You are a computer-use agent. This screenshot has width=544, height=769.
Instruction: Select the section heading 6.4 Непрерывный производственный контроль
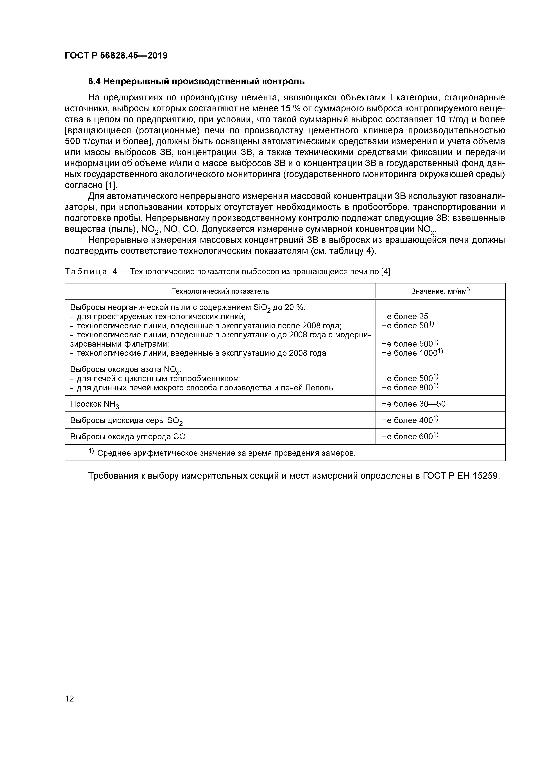coord(196,81)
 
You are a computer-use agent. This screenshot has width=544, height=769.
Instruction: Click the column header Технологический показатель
coord(220,291)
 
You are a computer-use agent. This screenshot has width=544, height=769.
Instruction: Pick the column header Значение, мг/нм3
coord(440,291)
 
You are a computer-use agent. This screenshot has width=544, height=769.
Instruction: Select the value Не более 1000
coord(412,353)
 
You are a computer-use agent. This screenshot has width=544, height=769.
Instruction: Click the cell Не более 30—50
coord(413,404)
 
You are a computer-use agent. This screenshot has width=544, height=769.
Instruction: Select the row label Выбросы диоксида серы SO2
coord(126,421)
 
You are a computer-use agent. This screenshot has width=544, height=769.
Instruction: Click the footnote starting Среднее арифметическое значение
coord(225,453)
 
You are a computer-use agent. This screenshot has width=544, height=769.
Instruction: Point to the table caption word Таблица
coord(86,272)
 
